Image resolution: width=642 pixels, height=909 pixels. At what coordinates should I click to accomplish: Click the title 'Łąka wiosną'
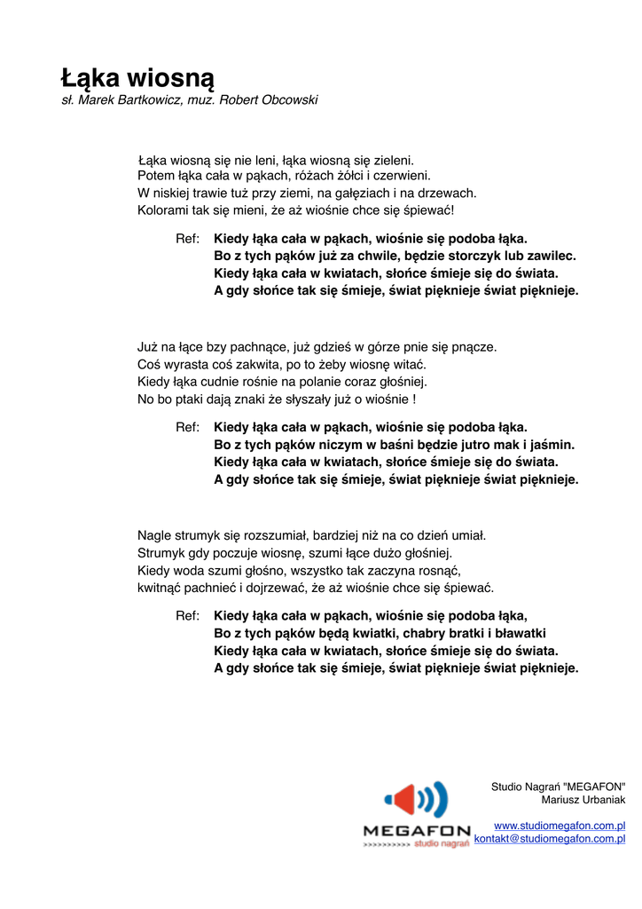coord(137,77)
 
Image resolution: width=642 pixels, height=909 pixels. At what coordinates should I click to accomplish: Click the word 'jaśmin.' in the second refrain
coord(553,444)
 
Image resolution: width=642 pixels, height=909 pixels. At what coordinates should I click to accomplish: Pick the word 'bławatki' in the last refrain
coord(521,633)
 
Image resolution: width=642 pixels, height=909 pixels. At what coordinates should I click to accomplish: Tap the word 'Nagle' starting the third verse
coord(154,535)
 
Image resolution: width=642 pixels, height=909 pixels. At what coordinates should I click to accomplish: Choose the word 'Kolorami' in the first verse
coord(163,210)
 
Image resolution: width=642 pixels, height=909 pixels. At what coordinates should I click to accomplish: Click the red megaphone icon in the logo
coord(403,800)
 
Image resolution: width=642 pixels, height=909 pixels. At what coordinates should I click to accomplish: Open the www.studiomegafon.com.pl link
coord(560,826)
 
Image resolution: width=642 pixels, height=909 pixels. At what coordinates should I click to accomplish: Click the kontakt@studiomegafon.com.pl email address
coord(550,838)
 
